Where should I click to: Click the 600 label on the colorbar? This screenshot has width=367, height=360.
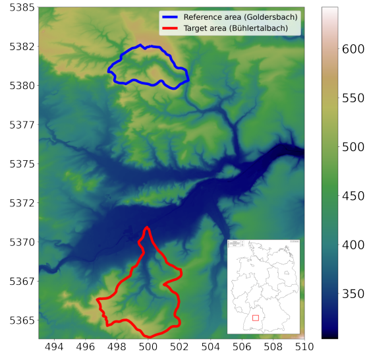(353, 49)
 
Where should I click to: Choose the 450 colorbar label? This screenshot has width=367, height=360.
(353, 196)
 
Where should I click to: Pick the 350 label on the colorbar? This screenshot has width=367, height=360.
(353, 293)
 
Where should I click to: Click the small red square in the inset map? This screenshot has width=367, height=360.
(256, 320)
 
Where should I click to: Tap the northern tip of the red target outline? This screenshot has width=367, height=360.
(146, 227)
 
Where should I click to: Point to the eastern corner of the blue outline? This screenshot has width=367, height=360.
(188, 79)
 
